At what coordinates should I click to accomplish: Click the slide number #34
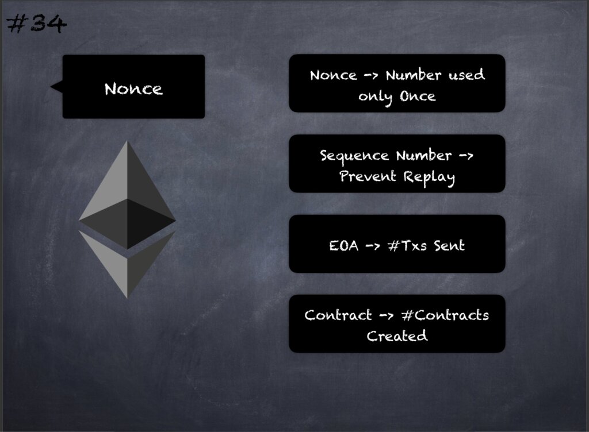[x=37, y=24]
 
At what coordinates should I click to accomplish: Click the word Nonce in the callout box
[x=133, y=89]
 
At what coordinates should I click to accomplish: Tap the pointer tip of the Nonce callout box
[x=51, y=87]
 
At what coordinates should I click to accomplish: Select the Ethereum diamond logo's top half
[x=127, y=195]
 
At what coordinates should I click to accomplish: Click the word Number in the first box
[x=414, y=75]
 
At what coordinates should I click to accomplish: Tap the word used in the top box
[x=467, y=75]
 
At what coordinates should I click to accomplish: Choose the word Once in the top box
[x=418, y=97]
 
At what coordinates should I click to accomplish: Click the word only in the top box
[x=375, y=98]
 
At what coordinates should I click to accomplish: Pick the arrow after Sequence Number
[x=466, y=155]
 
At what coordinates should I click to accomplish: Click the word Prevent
[x=368, y=176]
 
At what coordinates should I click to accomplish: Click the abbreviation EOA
[x=344, y=246]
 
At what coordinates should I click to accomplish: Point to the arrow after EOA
[x=373, y=246]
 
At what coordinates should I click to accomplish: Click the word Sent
[x=449, y=246]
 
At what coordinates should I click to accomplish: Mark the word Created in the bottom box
[x=397, y=336]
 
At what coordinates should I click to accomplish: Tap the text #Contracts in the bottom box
[x=445, y=315]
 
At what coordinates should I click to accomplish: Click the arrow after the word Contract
[x=387, y=315]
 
